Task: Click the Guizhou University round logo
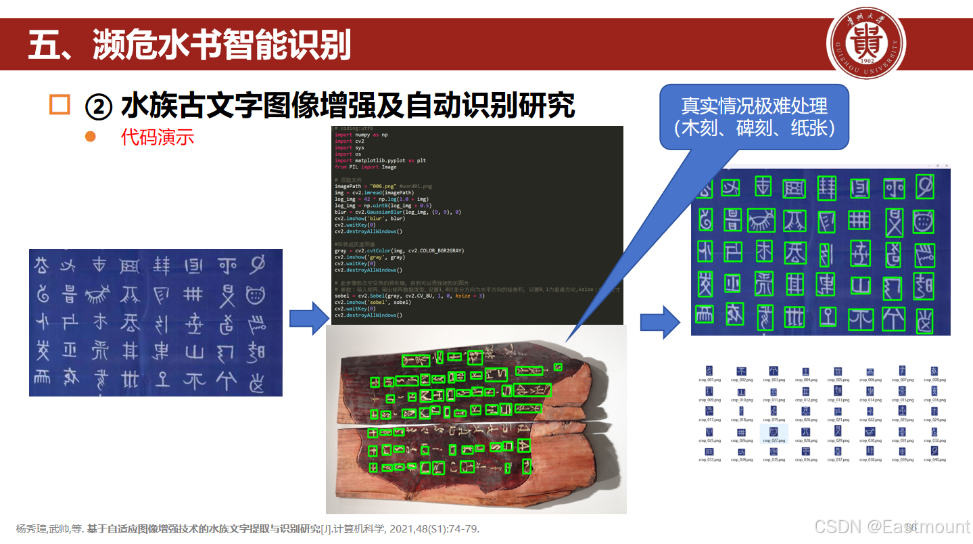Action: (866, 47)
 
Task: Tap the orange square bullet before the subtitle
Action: (60, 105)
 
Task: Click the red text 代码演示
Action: (157, 137)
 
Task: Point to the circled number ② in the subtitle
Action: (98, 106)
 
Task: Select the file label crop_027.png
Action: (774, 440)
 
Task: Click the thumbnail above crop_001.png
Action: (709, 370)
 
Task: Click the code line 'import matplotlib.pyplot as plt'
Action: (380, 160)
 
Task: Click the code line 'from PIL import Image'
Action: (365, 166)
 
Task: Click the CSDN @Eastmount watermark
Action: (891, 527)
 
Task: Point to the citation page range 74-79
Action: (463, 529)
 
